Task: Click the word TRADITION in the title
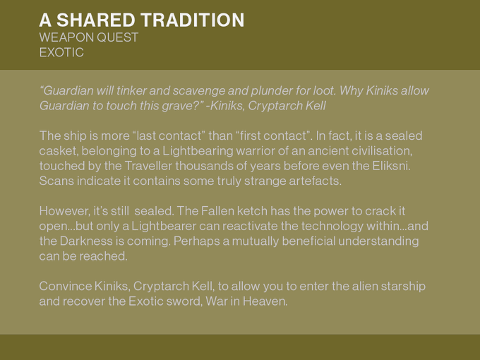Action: click(193, 20)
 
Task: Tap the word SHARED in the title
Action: click(96, 20)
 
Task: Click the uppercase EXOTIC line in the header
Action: click(61, 52)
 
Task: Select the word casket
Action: click(59, 151)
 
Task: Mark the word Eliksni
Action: click(391, 166)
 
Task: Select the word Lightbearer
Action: click(164, 226)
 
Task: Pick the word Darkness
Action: click(85, 241)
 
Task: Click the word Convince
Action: click(66, 286)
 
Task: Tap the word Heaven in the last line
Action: click(265, 301)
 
